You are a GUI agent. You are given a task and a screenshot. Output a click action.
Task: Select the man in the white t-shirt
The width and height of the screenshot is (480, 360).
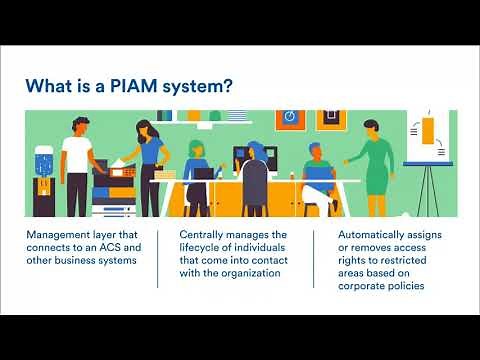77,165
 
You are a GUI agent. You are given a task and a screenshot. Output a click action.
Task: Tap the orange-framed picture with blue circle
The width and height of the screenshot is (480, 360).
289,117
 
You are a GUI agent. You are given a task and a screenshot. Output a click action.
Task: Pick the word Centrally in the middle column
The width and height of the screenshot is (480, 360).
204,235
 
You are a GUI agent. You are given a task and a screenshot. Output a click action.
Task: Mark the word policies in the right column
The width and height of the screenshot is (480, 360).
408,286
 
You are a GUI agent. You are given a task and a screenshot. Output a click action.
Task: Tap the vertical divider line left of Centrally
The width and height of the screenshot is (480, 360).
157,258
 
